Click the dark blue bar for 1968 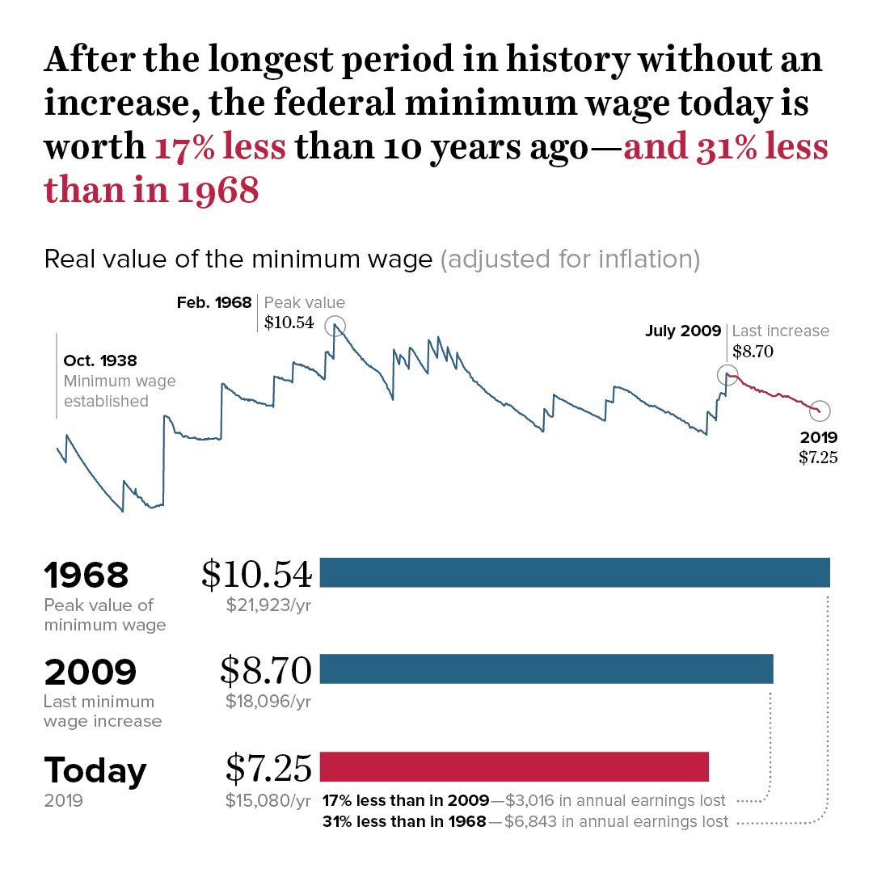(x=575, y=572)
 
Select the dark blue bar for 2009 (x=546, y=669)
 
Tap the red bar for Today (x=514, y=766)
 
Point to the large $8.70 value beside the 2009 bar (x=266, y=670)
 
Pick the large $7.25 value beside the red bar (x=268, y=768)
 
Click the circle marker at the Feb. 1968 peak (x=335, y=327)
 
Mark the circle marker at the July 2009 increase (x=727, y=374)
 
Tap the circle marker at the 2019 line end (x=820, y=411)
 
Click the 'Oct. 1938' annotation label (x=100, y=361)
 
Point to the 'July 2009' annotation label (x=683, y=331)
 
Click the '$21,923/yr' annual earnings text (x=268, y=604)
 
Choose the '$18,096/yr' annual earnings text (x=268, y=701)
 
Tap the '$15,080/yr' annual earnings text (x=268, y=801)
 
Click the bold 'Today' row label (x=95, y=770)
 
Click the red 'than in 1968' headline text (x=151, y=190)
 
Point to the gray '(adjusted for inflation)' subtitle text (x=570, y=259)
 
